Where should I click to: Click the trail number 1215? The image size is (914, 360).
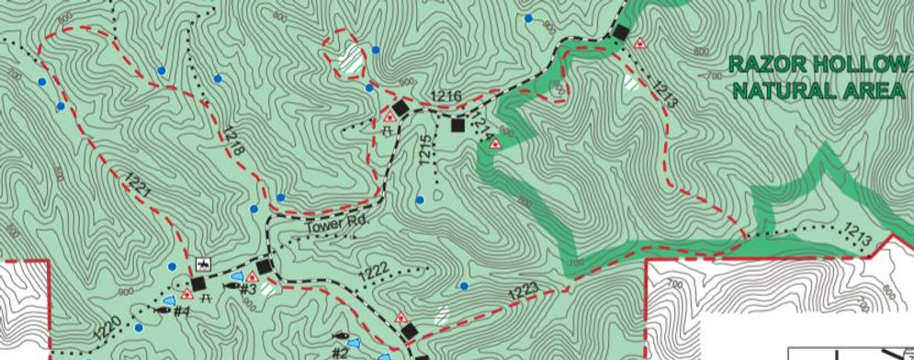click(x=425, y=150)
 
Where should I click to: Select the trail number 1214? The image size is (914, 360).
click(x=485, y=136)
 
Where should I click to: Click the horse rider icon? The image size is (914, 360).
click(x=204, y=264)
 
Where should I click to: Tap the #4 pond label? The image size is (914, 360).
click(x=181, y=310)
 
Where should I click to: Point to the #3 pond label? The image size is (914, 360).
click(x=246, y=290)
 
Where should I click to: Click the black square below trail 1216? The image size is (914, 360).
click(x=457, y=126)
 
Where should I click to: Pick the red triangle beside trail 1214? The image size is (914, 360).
click(x=494, y=144)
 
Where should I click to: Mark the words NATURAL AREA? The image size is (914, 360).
click(x=813, y=90)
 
